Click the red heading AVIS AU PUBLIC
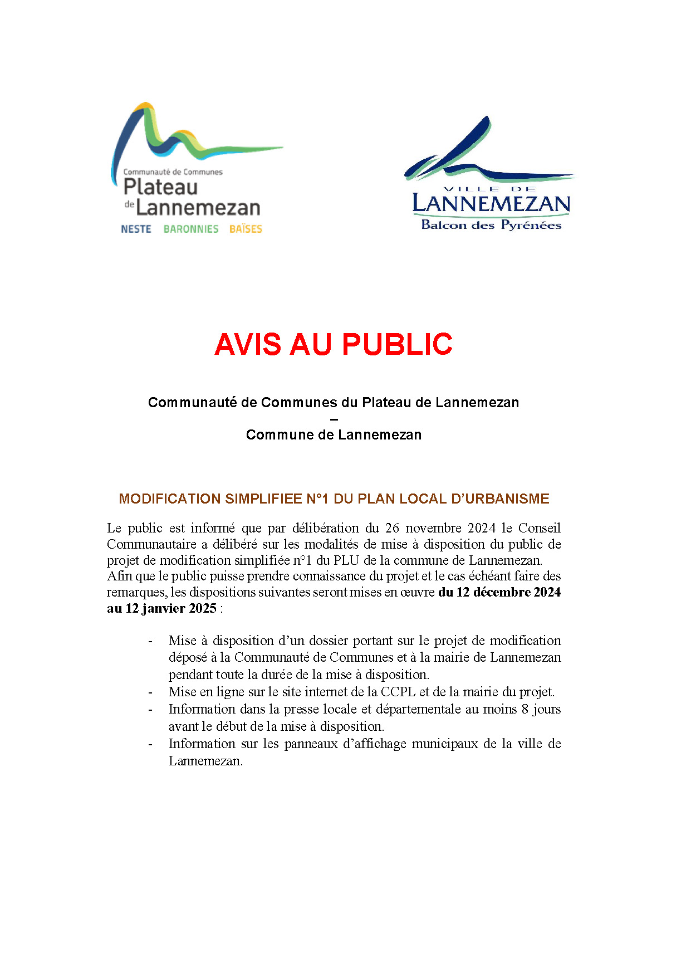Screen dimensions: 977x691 click(x=333, y=344)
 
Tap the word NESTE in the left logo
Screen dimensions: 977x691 click(x=136, y=229)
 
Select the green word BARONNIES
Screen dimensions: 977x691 click(x=190, y=229)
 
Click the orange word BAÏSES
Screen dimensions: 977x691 click(x=246, y=229)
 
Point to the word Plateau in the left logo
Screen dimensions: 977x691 click(x=160, y=187)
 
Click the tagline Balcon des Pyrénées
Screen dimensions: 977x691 click(x=491, y=225)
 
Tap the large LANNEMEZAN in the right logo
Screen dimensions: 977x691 click(x=491, y=204)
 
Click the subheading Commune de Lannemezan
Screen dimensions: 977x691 click(x=334, y=434)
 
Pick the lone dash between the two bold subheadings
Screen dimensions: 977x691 click(x=334, y=419)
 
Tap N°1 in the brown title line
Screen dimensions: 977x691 click(x=318, y=499)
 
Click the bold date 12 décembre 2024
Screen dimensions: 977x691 click(x=508, y=592)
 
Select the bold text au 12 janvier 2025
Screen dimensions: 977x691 click(x=161, y=608)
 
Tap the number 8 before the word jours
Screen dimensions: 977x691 click(x=525, y=709)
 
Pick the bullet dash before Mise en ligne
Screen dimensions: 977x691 click(x=150, y=692)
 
